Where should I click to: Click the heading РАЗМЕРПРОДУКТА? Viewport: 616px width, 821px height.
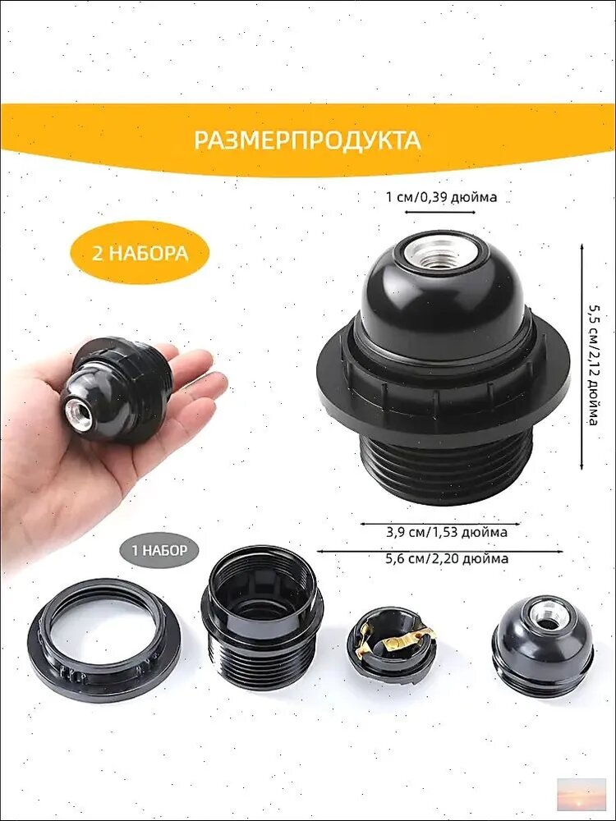point(307,140)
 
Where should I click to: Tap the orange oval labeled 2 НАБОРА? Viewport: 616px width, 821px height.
point(140,252)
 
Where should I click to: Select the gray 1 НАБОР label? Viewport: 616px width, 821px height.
point(159,550)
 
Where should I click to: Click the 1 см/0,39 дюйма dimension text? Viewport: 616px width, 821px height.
point(441,197)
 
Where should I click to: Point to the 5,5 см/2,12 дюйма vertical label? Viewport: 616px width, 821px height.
point(593,365)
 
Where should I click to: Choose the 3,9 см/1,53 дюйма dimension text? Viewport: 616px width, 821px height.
point(447,533)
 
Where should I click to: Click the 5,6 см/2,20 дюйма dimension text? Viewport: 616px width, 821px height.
point(447,558)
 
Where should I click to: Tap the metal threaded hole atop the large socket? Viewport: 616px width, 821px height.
point(439,253)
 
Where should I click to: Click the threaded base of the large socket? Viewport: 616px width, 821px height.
point(446,468)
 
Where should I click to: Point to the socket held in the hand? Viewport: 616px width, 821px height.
point(116,390)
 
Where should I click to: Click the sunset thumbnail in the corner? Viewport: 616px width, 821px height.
point(581,794)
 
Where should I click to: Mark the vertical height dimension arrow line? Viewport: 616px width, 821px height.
point(582,356)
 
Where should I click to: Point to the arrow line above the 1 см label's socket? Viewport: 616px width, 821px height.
point(440,212)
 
